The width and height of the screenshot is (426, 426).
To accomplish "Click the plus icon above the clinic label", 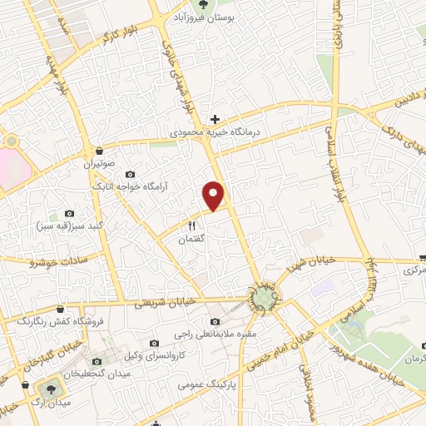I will point(215,120).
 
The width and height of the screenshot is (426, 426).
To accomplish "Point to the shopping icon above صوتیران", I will point(101,151).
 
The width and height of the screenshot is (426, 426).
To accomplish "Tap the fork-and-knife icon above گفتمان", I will point(191,225).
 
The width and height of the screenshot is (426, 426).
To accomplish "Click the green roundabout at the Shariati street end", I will point(265,298).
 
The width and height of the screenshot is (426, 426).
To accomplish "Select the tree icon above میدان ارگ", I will point(44,388).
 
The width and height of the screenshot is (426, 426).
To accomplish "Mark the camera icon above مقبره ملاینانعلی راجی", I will point(215,321).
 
